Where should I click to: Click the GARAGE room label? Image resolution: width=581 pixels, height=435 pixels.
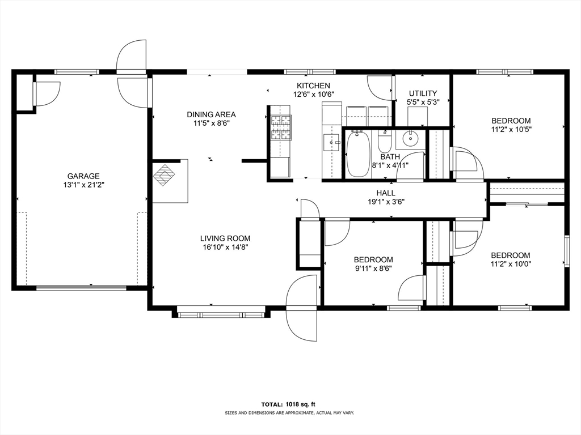tap(83, 176)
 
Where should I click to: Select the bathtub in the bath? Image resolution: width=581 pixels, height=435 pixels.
tap(358, 154)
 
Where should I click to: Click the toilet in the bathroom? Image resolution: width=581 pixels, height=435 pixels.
tap(384, 140)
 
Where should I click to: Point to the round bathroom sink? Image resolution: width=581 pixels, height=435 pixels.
tap(410, 139)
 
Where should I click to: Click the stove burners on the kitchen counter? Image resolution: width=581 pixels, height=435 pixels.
tap(281, 128)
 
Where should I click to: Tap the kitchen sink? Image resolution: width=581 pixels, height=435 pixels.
tap(331, 143)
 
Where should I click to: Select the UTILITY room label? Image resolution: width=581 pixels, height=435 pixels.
tap(423, 93)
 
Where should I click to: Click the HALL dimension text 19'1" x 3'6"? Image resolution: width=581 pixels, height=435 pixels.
tap(386, 202)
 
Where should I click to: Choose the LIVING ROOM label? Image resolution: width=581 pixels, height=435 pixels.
tap(225, 238)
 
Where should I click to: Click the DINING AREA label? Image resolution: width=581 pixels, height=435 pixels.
tap(211, 114)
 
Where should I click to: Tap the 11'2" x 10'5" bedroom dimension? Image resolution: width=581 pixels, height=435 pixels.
tap(511, 130)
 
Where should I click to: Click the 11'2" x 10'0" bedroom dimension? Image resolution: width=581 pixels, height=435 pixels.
tap(511, 265)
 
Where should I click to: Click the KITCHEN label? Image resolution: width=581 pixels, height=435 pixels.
tap(313, 86)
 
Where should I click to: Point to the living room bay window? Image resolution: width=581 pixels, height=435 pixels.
tap(221, 315)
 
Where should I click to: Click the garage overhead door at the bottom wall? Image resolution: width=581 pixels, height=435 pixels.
tap(82, 287)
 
